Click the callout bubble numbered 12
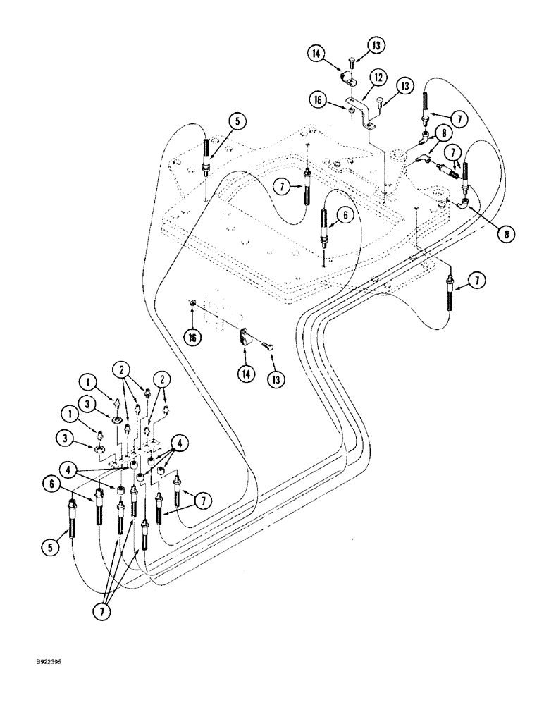[378, 76]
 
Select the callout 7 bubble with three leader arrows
[103, 611]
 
